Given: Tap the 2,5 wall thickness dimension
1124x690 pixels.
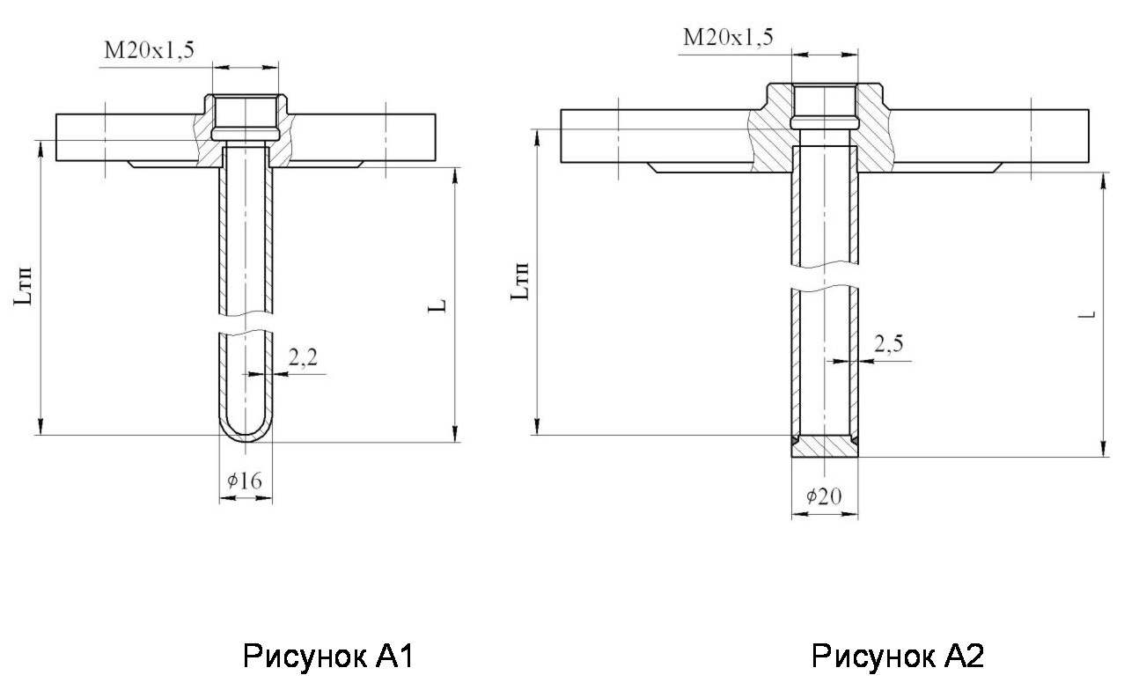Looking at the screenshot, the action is coord(888,343).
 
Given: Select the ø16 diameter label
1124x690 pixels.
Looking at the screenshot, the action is coord(245,481).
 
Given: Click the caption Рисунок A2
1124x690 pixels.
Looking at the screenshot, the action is coord(898,657).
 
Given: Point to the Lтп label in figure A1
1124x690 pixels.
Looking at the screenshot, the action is coord(26,287).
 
